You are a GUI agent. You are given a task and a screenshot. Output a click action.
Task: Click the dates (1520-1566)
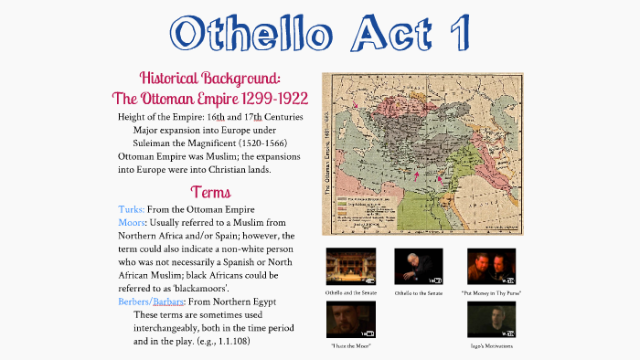(247, 143)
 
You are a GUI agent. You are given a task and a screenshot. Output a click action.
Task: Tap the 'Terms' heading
(210, 192)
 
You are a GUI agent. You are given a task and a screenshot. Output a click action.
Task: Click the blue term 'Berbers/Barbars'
(156, 302)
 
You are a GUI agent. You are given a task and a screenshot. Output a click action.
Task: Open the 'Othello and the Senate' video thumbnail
(350, 266)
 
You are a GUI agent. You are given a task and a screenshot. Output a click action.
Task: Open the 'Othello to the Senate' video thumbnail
(418, 266)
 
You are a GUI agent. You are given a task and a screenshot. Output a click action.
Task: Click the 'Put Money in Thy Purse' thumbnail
(491, 266)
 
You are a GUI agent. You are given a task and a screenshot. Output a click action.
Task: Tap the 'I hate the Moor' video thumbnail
(350, 319)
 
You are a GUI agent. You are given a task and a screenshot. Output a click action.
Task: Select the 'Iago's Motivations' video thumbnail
(491, 319)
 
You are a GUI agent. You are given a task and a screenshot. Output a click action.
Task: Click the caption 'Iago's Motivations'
(491, 346)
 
